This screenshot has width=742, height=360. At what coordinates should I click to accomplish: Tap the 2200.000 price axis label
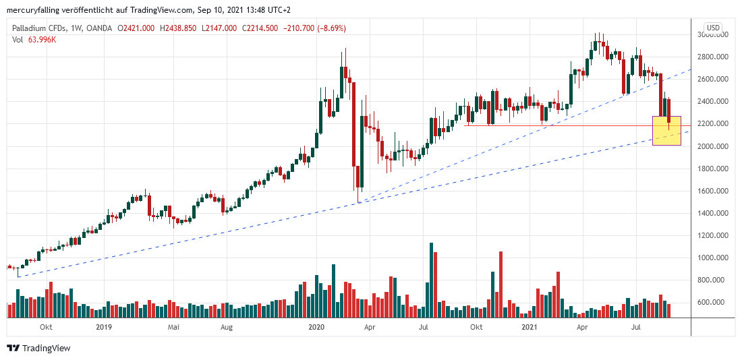pyautogui.click(x=712, y=123)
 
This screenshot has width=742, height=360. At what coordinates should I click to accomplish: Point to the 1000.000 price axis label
pyautogui.click(x=712, y=258)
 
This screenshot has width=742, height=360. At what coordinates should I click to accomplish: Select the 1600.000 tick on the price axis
pyautogui.click(x=712, y=191)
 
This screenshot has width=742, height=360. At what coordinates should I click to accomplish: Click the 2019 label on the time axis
pyautogui.click(x=103, y=327)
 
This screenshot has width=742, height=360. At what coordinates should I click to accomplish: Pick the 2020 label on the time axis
pyautogui.click(x=317, y=327)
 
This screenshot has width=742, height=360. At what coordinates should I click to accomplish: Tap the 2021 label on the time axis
pyautogui.click(x=530, y=327)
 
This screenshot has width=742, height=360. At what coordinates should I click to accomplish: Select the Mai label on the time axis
pyautogui.click(x=173, y=327)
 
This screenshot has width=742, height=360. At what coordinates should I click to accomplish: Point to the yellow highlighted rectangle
pyautogui.click(x=666, y=131)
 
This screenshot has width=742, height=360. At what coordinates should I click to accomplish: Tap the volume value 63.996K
pyautogui.click(x=42, y=39)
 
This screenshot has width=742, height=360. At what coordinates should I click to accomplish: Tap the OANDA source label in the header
pyautogui.click(x=100, y=28)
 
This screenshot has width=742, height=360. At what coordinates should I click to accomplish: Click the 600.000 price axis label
pyautogui.click(x=712, y=302)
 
